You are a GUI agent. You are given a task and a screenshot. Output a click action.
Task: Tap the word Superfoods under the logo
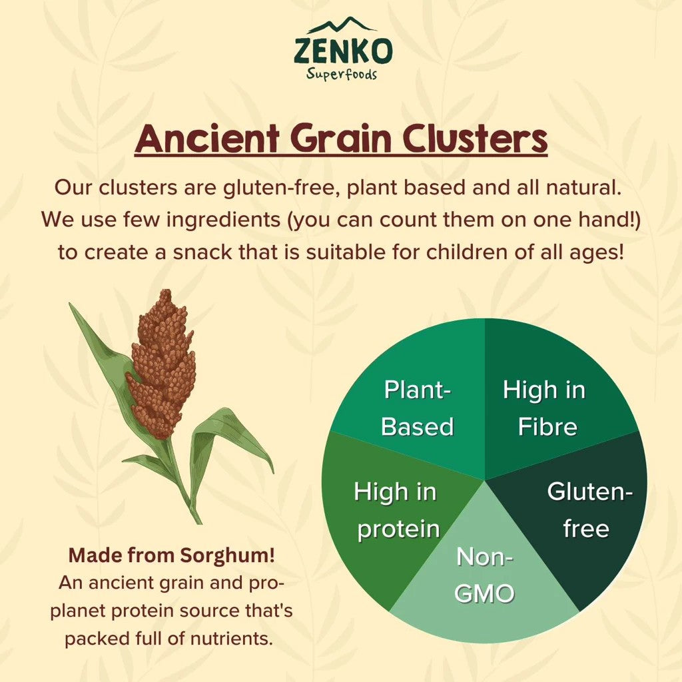click(342, 75)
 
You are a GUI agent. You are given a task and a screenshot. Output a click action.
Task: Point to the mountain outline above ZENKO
click(342, 25)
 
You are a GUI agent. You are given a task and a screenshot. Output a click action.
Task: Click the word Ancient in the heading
click(207, 139)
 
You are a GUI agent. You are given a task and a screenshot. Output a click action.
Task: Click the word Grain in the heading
click(341, 139)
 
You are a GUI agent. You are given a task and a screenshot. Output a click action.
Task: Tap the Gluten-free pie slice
click(583, 517)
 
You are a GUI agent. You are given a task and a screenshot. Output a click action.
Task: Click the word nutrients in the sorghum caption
click(231, 639)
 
